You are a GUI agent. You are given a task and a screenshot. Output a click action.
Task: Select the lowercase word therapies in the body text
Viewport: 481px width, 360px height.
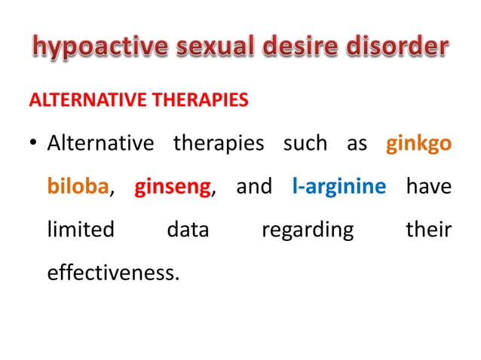tap(219, 143)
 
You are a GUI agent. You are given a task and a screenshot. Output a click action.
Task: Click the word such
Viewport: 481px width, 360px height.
tap(305, 143)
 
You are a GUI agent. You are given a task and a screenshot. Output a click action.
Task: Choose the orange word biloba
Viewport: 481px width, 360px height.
tap(78, 186)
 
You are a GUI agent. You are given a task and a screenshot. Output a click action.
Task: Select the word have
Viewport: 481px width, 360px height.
tap(428, 186)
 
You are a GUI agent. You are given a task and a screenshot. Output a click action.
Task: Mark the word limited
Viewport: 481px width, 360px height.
tap(81, 229)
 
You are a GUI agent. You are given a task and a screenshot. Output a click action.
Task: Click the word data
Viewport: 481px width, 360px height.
tap(188, 229)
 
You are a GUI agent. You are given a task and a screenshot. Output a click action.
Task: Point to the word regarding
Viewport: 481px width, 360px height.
tap(308, 229)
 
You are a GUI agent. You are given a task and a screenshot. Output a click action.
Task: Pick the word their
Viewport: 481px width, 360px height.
tap(428, 229)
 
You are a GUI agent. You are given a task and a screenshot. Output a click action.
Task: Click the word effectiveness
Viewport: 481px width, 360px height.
tap(113, 272)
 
